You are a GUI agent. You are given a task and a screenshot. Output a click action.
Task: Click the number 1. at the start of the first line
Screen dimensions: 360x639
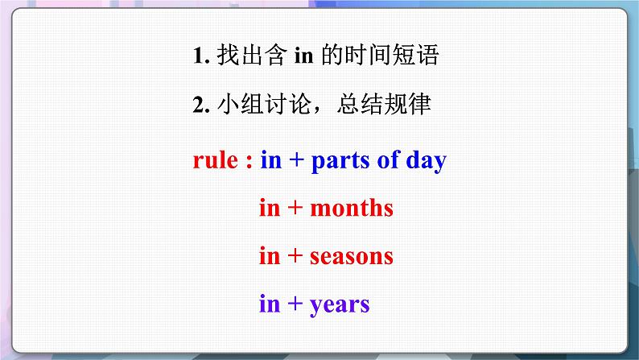pos(201,56)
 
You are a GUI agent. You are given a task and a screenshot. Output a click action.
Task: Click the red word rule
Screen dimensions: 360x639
pos(215,160)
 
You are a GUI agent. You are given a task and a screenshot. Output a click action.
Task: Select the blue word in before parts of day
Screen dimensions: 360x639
pos(270,160)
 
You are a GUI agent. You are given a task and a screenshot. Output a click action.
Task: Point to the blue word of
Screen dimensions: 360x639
pos(388,160)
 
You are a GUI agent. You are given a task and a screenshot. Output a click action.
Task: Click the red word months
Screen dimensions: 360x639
pos(351,209)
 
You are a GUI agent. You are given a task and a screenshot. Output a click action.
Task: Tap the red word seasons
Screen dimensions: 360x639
pos(351,257)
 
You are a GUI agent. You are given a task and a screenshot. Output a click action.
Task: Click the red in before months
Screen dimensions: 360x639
pos(270,209)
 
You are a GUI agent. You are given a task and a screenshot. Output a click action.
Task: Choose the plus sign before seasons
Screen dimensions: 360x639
pos(295,257)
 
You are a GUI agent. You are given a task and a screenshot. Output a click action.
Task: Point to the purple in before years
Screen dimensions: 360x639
pos(270,304)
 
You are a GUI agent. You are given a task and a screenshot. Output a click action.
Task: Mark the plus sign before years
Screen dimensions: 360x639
pos(295,305)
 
